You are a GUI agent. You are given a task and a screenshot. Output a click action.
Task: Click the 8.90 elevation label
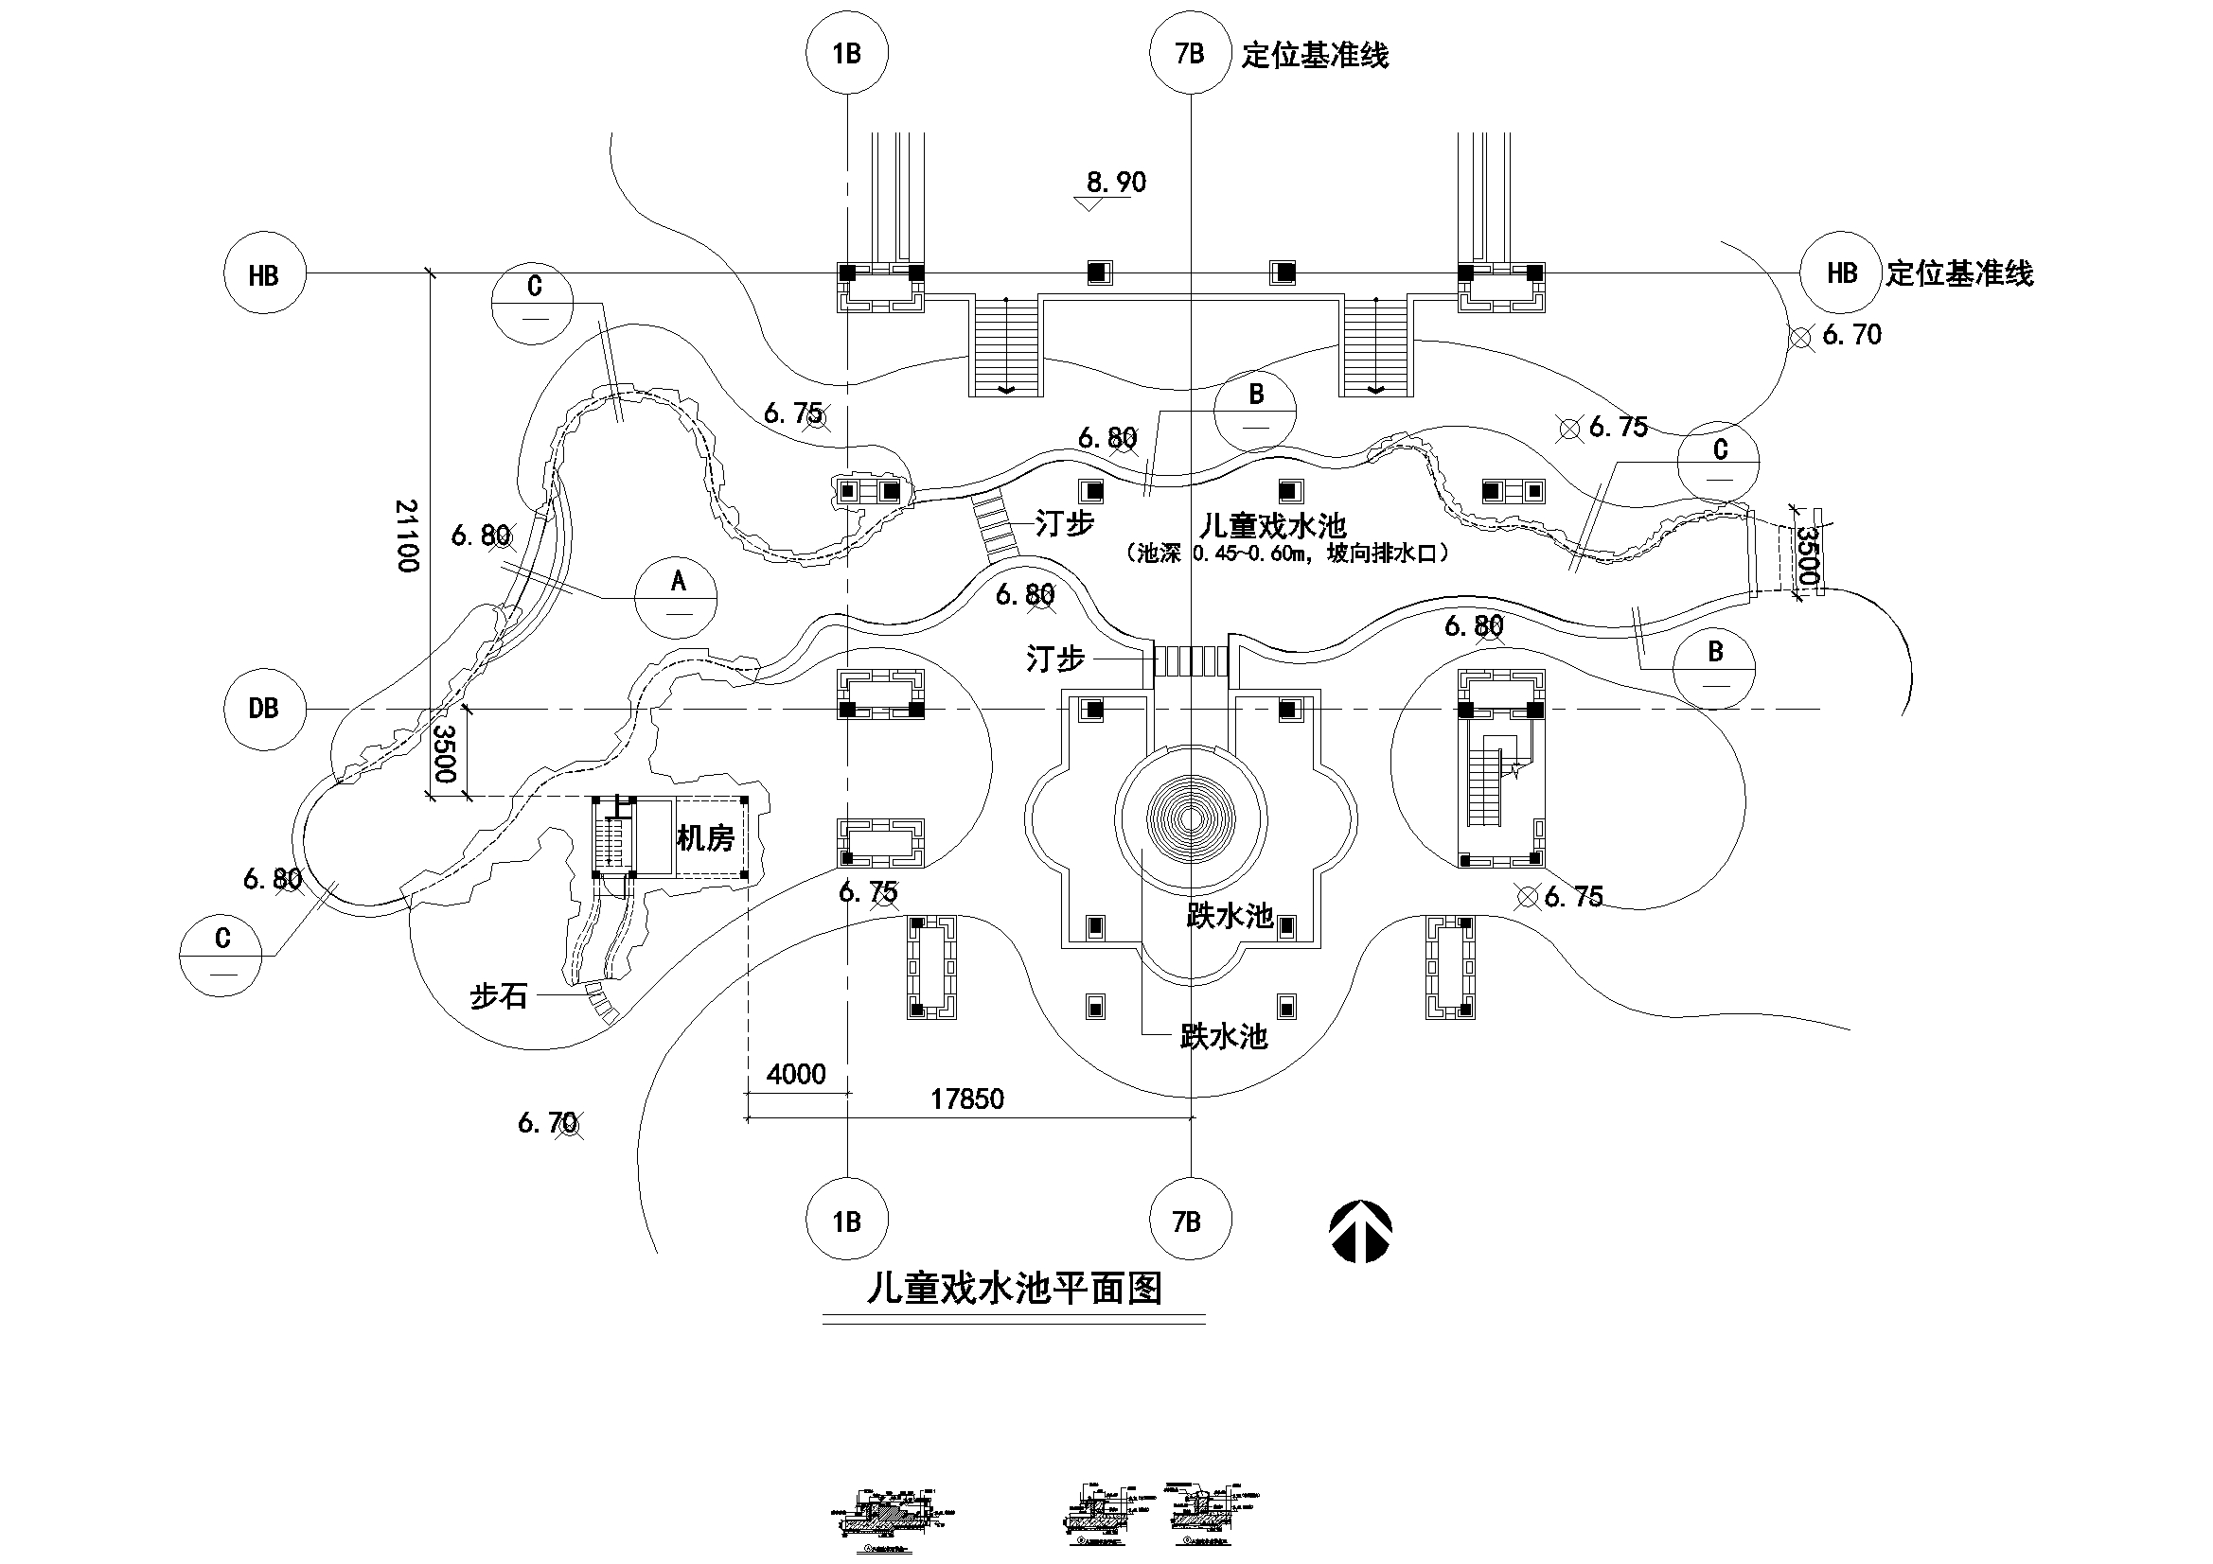point(1116,182)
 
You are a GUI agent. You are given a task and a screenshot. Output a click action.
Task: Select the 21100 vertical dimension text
point(408,536)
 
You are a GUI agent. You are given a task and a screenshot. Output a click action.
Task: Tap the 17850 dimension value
point(966,1099)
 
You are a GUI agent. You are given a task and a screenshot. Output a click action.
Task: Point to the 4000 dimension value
point(796,1074)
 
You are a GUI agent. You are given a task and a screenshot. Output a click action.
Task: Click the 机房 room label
point(705,838)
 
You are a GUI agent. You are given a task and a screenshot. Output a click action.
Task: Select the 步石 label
point(498,996)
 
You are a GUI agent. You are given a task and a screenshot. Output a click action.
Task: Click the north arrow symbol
point(1361,1232)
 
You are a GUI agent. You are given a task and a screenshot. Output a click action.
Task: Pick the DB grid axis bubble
point(264,710)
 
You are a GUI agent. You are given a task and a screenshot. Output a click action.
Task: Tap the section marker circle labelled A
point(677,597)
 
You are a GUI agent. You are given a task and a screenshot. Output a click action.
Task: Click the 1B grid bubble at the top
point(847,53)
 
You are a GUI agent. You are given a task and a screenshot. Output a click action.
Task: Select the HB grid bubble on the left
point(264,273)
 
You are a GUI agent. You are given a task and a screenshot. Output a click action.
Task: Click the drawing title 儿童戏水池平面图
point(1014,1289)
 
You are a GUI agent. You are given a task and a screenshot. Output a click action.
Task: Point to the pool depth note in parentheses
point(1286,554)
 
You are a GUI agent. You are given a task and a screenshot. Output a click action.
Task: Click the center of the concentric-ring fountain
point(1192,820)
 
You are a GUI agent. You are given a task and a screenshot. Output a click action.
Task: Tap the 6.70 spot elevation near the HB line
point(1851,335)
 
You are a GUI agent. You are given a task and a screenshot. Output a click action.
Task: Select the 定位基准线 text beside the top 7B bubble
point(1315,55)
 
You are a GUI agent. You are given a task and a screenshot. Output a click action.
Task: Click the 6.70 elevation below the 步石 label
point(547,1123)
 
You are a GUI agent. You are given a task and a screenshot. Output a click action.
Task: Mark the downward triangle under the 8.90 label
point(1089,204)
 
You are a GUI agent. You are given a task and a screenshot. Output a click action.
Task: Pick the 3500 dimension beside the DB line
point(444,753)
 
